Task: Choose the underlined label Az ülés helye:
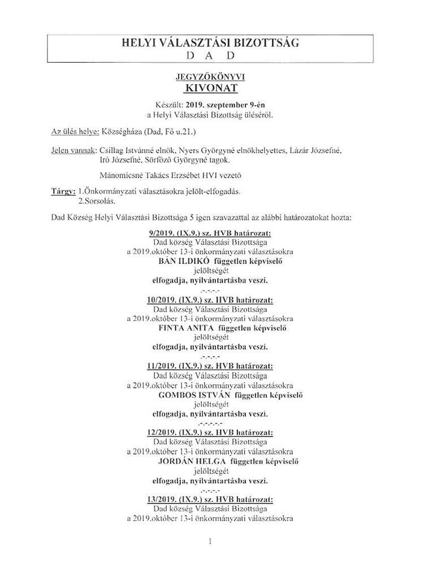coord(75,132)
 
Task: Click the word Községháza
coord(123,132)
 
